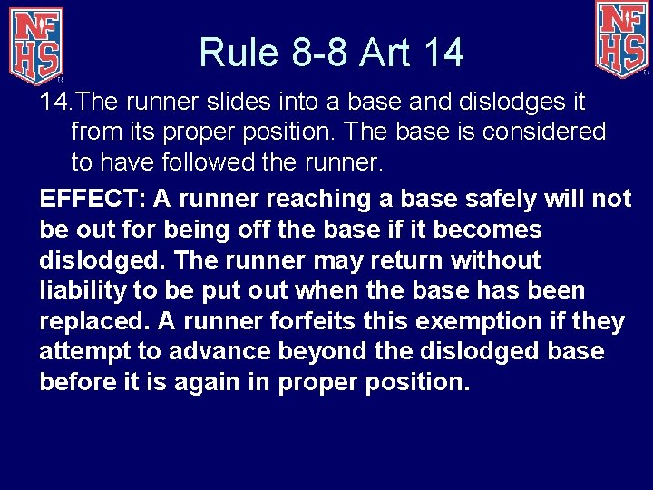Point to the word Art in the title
(387, 53)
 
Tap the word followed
(214, 162)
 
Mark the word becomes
(491, 230)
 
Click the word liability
(83, 291)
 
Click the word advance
(202, 352)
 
